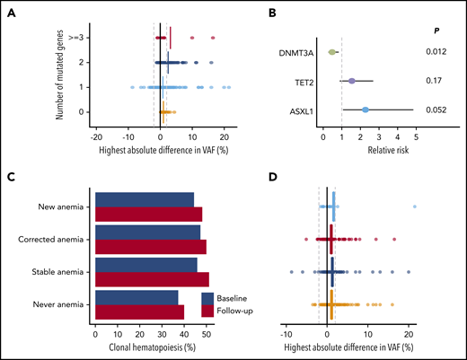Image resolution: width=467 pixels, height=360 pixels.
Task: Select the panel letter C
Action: tap(11, 177)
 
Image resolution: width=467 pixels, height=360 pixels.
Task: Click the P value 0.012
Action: tap(437, 52)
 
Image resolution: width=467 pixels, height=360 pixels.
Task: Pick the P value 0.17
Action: tap(437, 81)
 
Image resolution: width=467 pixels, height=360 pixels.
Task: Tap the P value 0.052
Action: tap(437, 110)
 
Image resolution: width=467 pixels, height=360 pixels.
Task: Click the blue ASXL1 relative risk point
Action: tap(366, 110)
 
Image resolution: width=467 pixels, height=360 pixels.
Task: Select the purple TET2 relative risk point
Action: tap(352, 81)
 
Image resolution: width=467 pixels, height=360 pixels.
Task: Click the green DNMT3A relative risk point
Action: tap(332, 52)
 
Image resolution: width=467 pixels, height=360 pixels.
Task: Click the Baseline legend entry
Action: tap(232, 297)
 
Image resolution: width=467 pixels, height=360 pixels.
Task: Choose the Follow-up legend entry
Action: tap(234, 310)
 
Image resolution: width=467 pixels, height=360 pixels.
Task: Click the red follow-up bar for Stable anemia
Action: tap(152, 279)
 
